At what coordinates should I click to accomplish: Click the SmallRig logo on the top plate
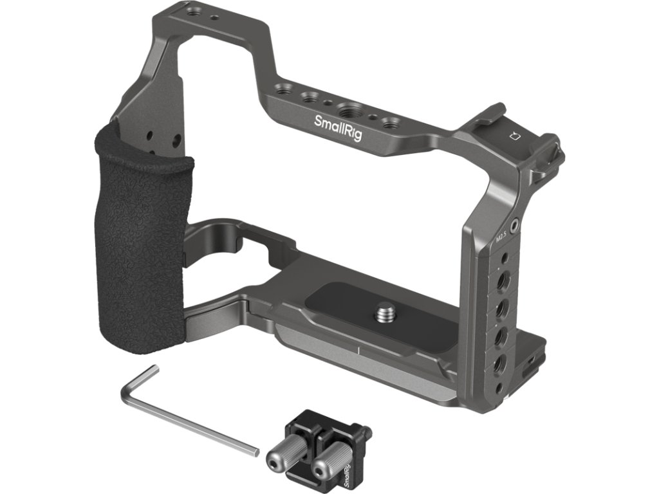pos(338,128)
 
